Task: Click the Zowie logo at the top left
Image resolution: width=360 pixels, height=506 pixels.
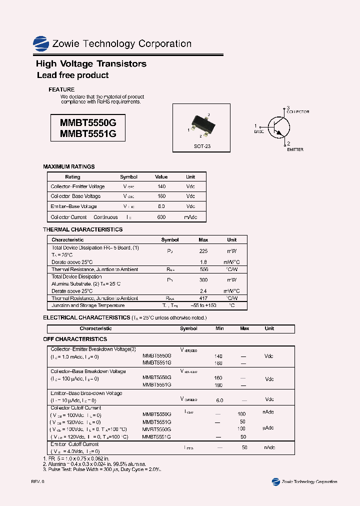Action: tap(41, 44)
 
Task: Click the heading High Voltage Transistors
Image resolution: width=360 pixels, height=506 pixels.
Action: tap(91, 64)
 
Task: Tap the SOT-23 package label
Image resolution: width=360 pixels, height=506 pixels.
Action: tap(202, 146)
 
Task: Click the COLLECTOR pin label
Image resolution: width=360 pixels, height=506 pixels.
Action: tap(298, 112)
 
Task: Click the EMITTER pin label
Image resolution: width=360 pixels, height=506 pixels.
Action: tap(295, 149)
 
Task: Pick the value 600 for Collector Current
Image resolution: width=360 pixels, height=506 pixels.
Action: tap(161, 217)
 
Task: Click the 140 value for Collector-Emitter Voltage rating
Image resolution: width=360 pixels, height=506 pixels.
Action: tap(161, 186)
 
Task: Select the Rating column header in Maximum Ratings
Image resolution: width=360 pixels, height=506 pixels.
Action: tap(72, 177)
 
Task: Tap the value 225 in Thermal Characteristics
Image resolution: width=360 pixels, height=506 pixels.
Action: tap(203, 251)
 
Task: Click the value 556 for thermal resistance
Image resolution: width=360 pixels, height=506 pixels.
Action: tap(203, 269)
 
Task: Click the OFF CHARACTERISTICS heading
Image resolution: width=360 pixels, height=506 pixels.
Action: tap(75, 339)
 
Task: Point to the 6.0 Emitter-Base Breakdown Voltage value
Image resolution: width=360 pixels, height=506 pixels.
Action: tap(219, 400)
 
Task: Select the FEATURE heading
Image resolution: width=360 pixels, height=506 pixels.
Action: tap(61, 89)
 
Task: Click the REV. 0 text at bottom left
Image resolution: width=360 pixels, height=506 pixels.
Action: tap(38, 481)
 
